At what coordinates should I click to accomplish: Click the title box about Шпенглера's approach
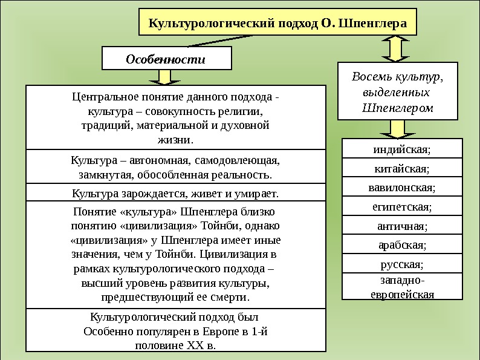[278, 25]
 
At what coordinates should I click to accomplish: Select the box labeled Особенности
[166, 59]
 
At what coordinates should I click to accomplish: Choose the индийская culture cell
[402, 149]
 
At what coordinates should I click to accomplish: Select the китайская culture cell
[402, 168]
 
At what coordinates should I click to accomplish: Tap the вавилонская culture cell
[402, 188]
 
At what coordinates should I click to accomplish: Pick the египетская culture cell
[402, 207]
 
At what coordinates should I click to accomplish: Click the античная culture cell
[402, 226]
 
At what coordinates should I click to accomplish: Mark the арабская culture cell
[402, 246]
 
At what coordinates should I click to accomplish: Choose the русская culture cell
[402, 264]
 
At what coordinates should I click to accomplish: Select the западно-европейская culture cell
[402, 287]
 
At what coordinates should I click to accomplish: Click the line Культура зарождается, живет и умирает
[175, 194]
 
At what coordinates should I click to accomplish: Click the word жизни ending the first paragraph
[175, 140]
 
